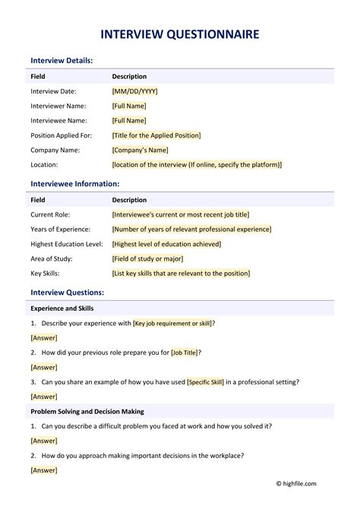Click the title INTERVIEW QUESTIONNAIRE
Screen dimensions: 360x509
tap(180, 34)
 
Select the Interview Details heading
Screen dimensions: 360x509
tap(62, 60)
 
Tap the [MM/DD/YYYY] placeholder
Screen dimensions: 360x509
tap(135, 91)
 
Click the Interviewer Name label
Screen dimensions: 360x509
tap(58, 106)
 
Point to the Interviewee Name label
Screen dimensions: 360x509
tap(58, 121)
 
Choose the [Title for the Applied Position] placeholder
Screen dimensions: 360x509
tap(156, 135)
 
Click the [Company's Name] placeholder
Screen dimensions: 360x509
tap(141, 150)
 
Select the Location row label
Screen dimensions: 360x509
tap(44, 164)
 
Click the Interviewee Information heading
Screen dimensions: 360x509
tap(74, 184)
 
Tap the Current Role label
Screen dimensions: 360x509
tap(50, 215)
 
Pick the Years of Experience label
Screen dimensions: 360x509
tap(60, 229)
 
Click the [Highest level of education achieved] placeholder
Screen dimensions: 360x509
tap(166, 244)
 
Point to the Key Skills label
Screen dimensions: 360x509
tap(46, 273)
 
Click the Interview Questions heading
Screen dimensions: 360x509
tap(67, 292)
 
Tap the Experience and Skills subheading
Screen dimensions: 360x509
tap(62, 308)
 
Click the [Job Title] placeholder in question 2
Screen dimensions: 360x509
tap(186, 353)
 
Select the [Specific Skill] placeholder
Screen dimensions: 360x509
tap(205, 382)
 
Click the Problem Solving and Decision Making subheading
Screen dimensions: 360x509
tap(87, 412)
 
